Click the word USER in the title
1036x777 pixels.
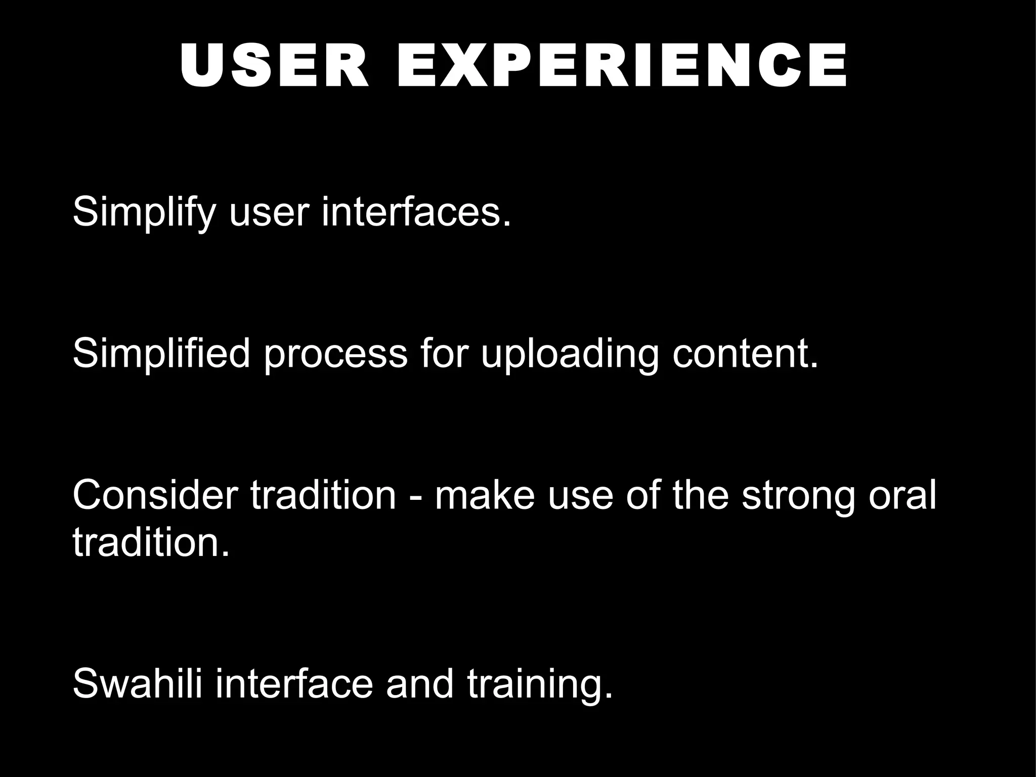(x=274, y=66)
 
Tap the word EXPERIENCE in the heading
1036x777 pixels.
(x=622, y=66)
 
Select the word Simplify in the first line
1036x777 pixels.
(x=144, y=212)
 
